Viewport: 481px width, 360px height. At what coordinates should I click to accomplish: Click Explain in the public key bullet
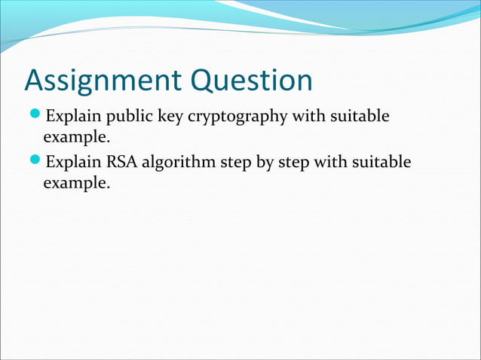point(73,117)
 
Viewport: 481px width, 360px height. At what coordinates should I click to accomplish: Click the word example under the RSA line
point(75,182)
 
